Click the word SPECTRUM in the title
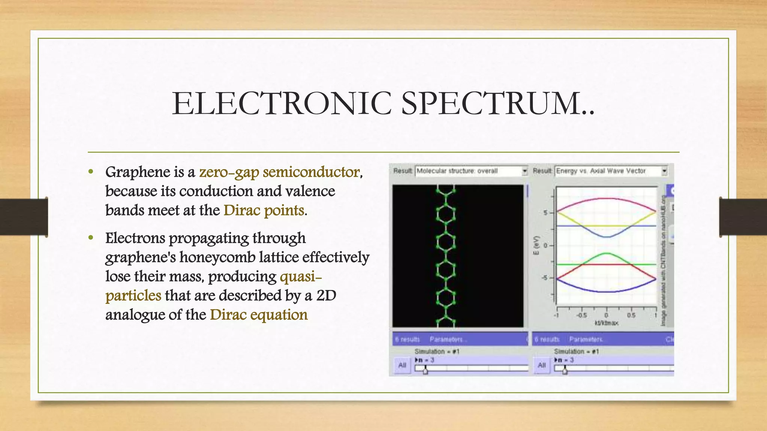(x=498, y=103)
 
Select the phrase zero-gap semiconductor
(x=279, y=172)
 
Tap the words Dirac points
(x=264, y=210)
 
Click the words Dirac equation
(x=259, y=315)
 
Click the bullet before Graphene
(x=91, y=172)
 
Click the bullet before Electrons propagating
(x=91, y=238)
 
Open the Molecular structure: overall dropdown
(x=524, y=171)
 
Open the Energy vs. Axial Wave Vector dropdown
(x=664, y=171)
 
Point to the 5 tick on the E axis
(x=546, y=213)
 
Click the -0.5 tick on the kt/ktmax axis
(x=581, y=315)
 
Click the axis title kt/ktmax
(x=606, y=323)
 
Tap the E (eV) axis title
(x=536, y=246)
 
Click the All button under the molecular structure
(x=402, y=365)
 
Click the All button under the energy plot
(x=542, y=365)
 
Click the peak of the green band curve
(x=606, y=254)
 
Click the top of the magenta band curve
(x=606, y=198)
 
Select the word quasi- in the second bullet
(x=301, y=276)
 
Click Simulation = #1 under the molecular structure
(x=437, y=351)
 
